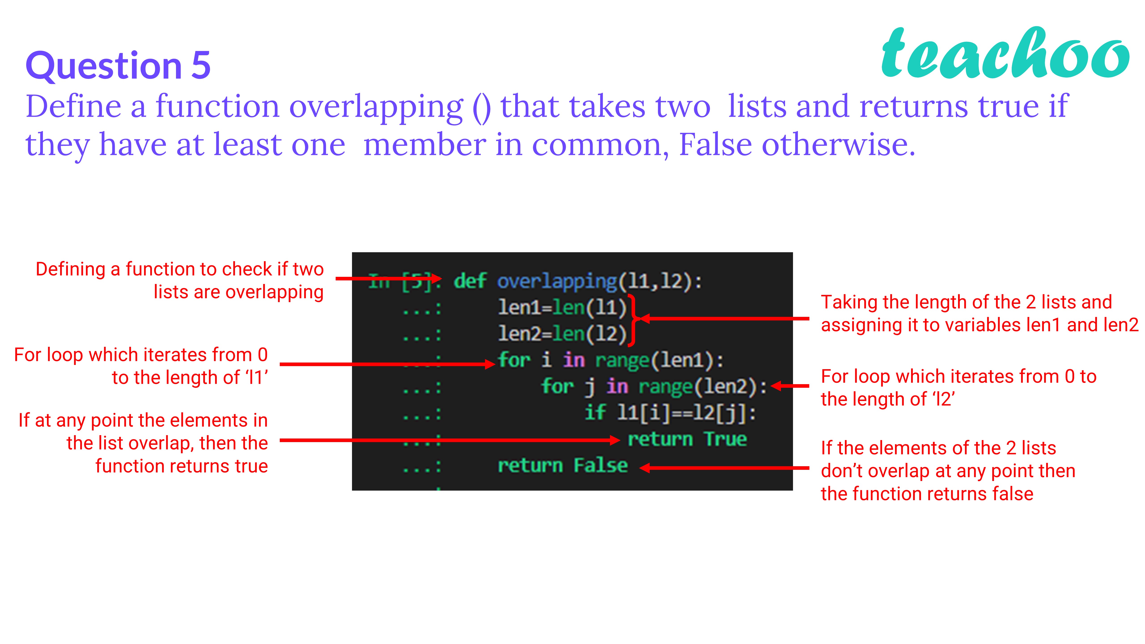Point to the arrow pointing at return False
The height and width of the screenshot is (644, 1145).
[x=725, y=468]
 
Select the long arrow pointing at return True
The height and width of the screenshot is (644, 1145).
[x=449, y=441]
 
